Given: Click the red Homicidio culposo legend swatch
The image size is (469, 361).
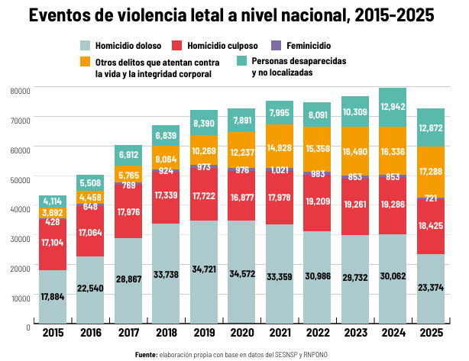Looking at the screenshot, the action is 176,46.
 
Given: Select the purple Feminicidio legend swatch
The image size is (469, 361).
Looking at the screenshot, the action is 276,46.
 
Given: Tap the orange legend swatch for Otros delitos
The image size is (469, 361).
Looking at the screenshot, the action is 86,61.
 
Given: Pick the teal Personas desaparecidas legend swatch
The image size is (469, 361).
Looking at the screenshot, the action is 241,60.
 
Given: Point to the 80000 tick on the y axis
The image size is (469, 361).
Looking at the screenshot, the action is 21,91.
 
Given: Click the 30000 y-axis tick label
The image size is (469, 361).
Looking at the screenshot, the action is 21,239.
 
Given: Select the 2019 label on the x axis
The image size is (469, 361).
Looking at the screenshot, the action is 204,333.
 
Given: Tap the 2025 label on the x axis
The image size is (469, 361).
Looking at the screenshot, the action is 431,333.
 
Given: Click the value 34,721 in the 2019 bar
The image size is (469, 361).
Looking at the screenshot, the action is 204,269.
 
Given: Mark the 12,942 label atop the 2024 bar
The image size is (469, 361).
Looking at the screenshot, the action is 393,106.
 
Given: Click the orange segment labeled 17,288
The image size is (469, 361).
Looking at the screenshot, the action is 431,172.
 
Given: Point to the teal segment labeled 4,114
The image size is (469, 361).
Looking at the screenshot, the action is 53,201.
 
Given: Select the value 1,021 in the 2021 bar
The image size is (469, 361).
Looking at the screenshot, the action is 280,170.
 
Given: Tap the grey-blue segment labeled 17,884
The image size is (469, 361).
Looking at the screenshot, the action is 53,297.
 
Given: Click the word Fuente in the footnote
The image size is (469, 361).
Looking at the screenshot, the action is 146,355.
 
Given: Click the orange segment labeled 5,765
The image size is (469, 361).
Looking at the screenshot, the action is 128,174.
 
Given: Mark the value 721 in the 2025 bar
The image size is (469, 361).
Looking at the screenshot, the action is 431,198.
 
